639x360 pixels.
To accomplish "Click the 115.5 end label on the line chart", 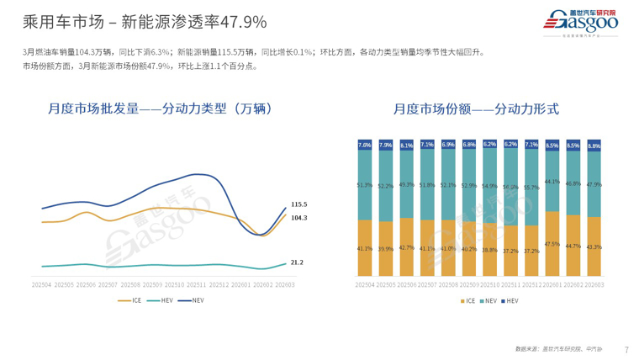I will click(x=298, y=204).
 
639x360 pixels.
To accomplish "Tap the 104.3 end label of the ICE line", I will click(x=298, y=218).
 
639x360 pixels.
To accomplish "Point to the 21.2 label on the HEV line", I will click(x=297, y=262).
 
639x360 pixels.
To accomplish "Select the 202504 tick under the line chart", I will click(x=42, y=285).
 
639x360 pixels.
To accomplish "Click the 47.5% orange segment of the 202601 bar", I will click(x=552, y=243).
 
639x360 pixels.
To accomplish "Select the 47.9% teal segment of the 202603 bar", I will click(x=594, y=183).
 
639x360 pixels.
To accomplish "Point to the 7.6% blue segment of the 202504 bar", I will click(x=365, y=145).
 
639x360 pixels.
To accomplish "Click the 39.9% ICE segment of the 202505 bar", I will click(x=386, y=249).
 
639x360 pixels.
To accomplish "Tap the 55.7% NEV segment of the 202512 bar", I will click(x=531, y=187).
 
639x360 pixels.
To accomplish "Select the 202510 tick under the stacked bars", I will click(x=490, y=285).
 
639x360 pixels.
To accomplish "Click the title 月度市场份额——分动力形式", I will click(x=476, y=109).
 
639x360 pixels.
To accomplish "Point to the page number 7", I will click(x=626, y=349).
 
